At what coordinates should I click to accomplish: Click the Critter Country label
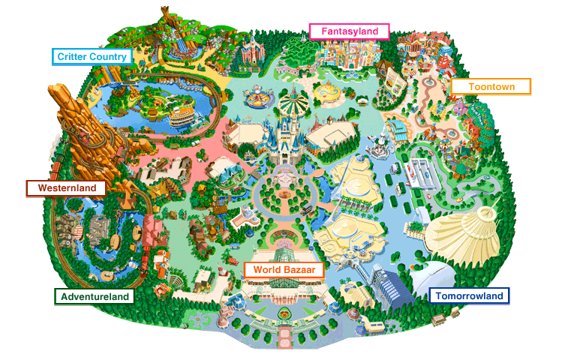point(92,56)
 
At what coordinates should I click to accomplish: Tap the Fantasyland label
point(349,31)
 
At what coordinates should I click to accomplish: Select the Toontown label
point(491,86)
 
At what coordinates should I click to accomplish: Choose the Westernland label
point(66,187)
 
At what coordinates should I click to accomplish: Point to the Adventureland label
point(95,296)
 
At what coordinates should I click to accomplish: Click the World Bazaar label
point(283,269)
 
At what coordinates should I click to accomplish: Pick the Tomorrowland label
point(469,296)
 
